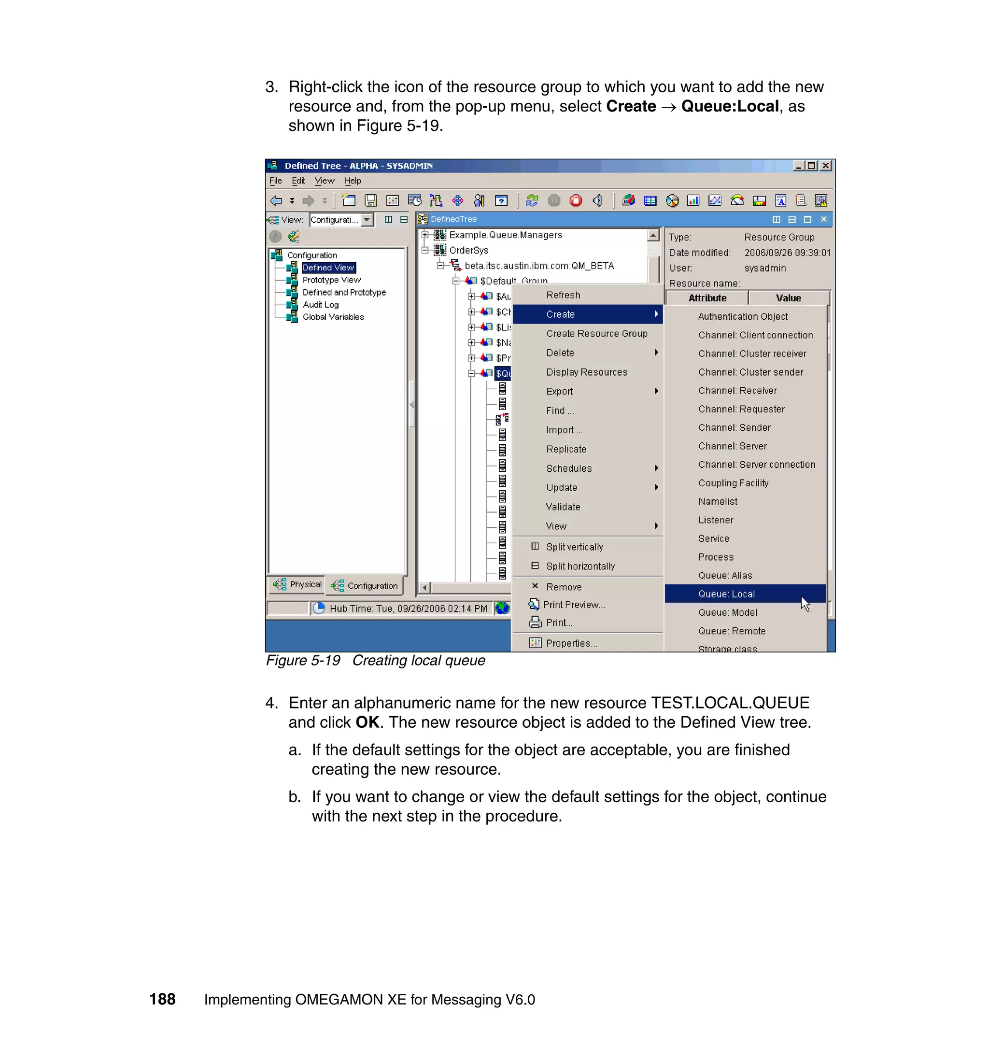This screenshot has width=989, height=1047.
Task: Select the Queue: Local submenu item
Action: [726, 594]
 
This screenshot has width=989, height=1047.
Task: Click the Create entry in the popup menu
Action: [560, 314]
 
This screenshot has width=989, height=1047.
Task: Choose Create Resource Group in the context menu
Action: [596, 334]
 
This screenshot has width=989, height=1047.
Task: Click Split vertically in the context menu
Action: [574, 547]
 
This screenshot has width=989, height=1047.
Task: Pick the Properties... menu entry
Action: [571, 643]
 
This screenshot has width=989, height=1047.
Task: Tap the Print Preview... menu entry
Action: [574, 605]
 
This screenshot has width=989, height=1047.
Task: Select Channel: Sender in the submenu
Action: [735, 427]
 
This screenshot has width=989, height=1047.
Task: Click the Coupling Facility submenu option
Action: [734, 483]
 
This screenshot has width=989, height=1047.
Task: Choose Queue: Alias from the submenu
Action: [725, 575]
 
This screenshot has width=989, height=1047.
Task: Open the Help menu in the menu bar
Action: [353, 181]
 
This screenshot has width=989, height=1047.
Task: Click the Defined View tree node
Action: [328, 268]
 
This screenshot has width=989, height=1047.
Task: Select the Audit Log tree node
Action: [321, 305]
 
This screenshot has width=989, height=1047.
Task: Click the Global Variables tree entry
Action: [333, 317]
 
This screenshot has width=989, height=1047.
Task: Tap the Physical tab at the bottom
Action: [298, 585]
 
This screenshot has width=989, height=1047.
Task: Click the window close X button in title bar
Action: [826, 166]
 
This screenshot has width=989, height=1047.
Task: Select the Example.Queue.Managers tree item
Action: [505, 235]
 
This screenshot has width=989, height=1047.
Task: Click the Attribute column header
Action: [707, 298]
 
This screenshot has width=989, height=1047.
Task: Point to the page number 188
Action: [162, 999]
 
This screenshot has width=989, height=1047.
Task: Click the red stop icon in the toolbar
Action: [576, 200]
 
